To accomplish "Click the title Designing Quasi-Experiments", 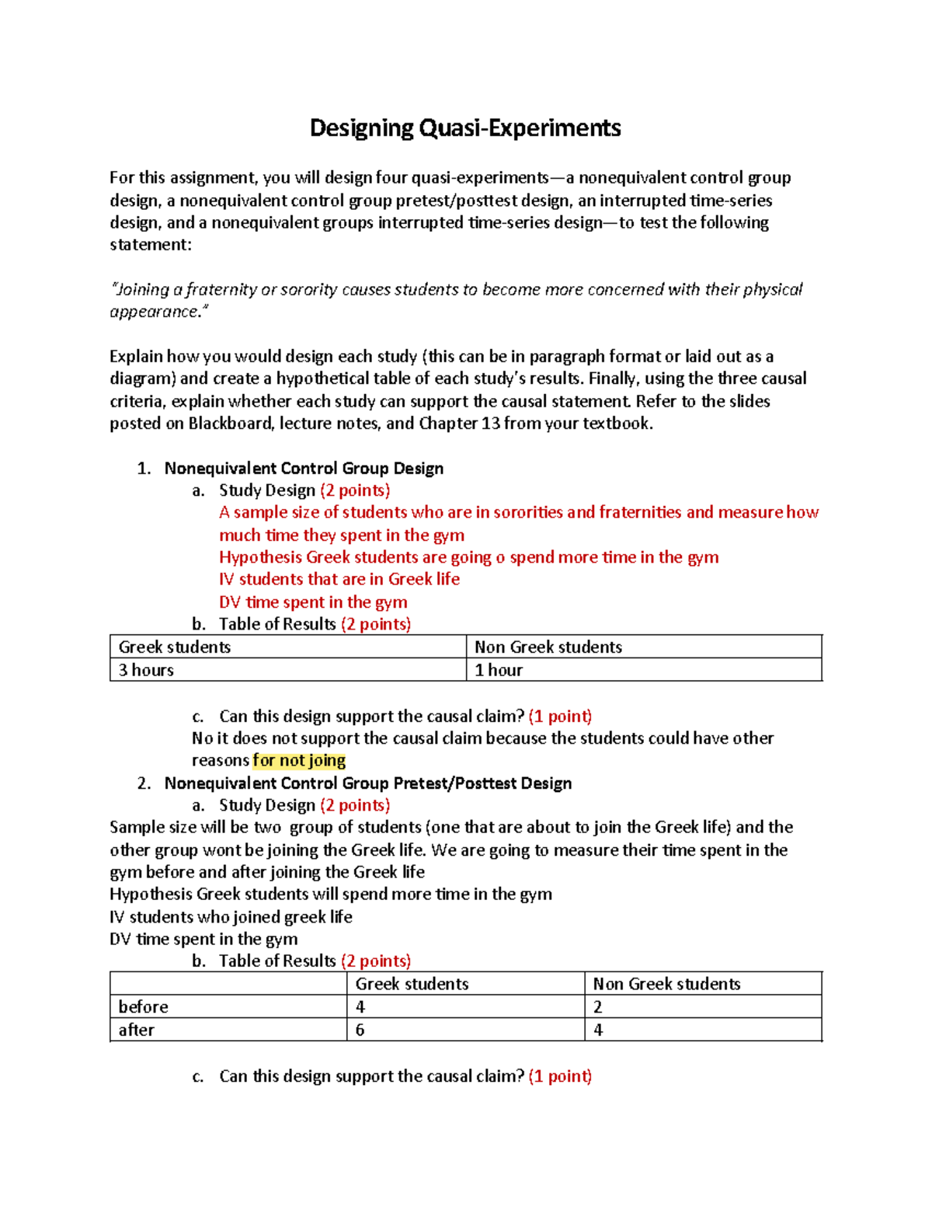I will point(465,128).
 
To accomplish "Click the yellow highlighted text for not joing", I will point(299,760).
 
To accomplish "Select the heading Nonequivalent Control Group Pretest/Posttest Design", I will point(368,783).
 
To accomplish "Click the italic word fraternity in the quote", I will point(220,290).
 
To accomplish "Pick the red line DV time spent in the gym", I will point(313,602).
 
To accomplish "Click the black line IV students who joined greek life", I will point(231,917).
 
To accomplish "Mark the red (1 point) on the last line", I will point(560,1076).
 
